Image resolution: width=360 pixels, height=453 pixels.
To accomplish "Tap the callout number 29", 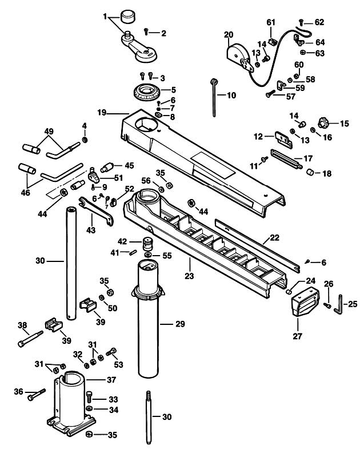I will [x=180, y=324].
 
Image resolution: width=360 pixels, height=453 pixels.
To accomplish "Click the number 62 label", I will [x=319, y=22].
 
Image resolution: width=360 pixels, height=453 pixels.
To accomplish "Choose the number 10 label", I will [x=231, y=96].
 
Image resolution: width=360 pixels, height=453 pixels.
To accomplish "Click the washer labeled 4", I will [x=85, y=140].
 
